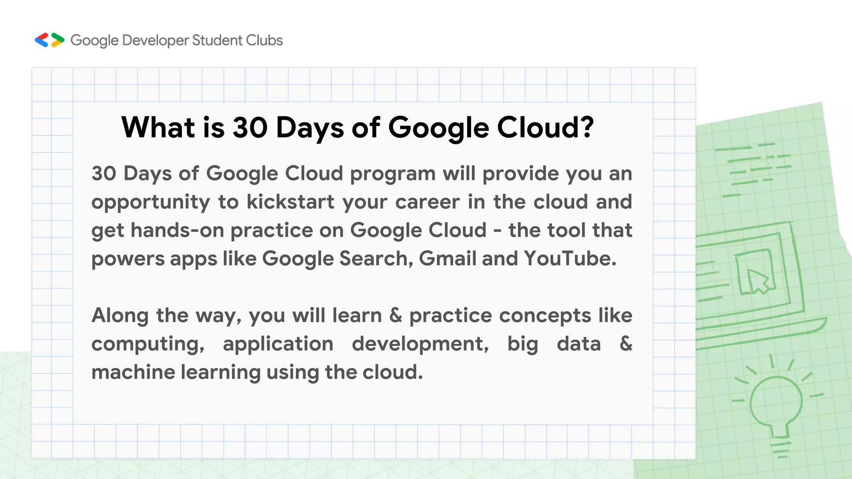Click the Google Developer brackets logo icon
pos(50,40)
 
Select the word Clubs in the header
pos(264,40)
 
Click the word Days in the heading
pos(310,128)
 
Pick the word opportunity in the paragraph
pos(151,202)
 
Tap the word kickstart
pos(290,202)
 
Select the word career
pos(428,202)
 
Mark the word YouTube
pos(569,258)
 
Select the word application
pos(278,344)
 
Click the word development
pos(420,344)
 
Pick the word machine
pos(133,372)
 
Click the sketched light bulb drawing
pos(776,405)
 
